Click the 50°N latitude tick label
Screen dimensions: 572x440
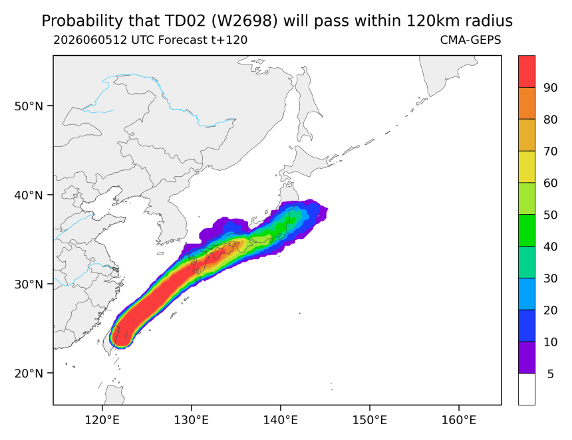tap(29, 106)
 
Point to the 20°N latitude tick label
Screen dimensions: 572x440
tap(29, 374)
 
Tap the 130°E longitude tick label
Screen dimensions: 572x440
tap(192, 420)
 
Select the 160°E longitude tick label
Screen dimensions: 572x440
tap(459, 420)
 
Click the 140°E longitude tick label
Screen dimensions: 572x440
tap(281, 420)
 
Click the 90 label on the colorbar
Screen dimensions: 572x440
tap(550, 88)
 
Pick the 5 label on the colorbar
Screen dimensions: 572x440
tap(551, 374)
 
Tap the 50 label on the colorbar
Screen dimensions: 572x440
tap(550, 215)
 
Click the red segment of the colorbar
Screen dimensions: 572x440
tap(527, 71)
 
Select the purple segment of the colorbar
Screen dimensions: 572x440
tap(527, 358)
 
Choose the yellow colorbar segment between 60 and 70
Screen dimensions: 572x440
tap(527, 167)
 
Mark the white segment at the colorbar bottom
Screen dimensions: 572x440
tap(527, 389)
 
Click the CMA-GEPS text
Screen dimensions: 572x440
tap(471, 40)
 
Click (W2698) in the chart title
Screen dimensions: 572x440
tap(244, 21)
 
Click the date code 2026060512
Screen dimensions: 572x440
tap(90, 40)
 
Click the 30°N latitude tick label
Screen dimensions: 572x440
tap(29, 284)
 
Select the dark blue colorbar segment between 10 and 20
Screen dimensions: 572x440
tap(527, 326)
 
